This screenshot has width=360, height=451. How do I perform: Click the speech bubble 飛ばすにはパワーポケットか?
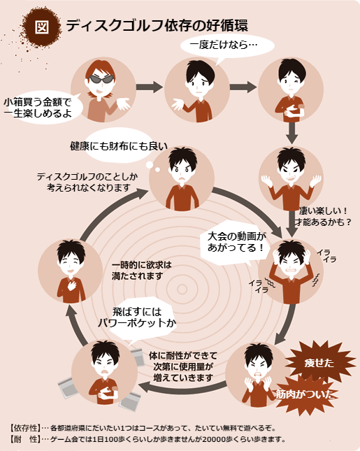(146, 317)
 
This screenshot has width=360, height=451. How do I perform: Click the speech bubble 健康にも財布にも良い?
(118, 147)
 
